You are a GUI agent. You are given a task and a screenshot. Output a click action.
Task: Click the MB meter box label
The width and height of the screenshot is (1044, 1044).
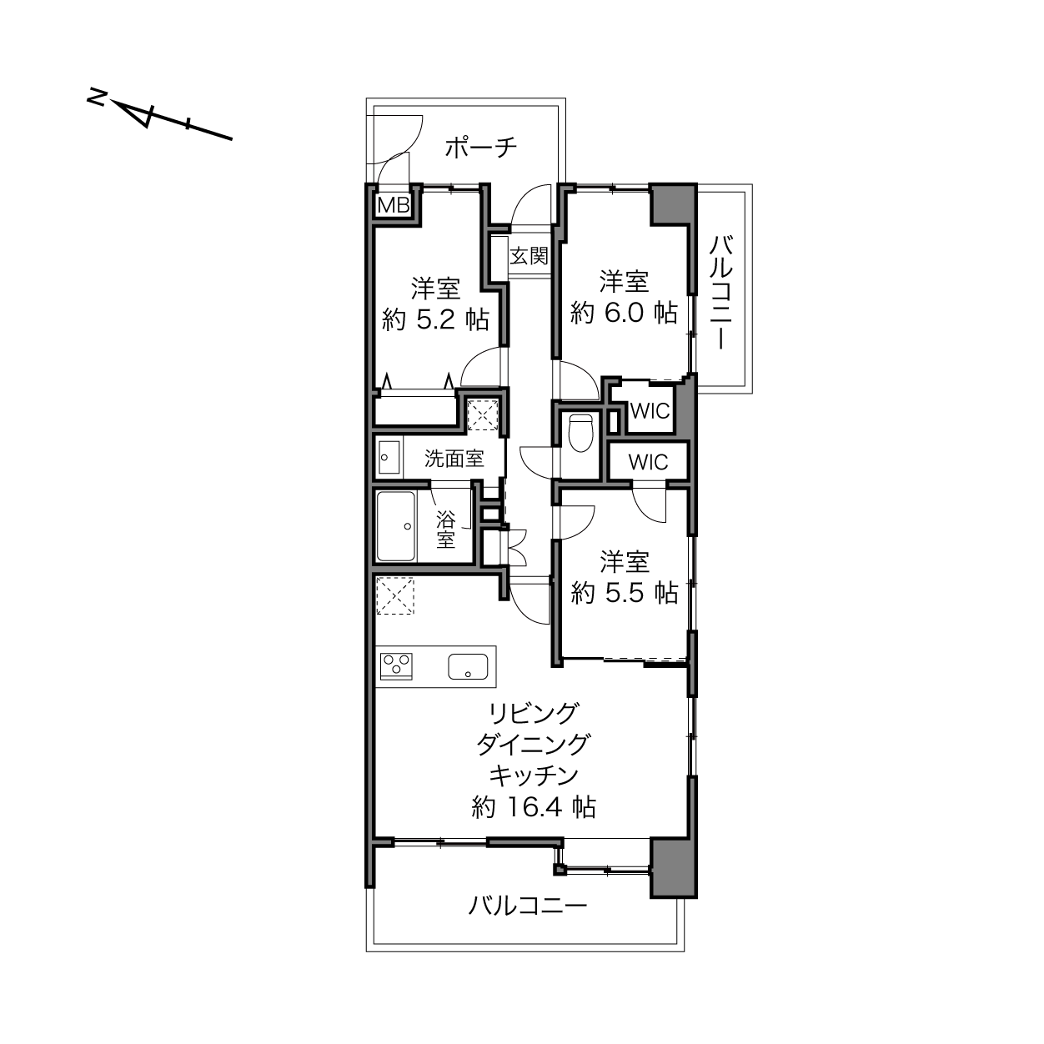(x=394, y=206)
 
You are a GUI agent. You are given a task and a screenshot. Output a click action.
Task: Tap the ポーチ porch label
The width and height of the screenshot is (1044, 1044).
(x=481, y=148)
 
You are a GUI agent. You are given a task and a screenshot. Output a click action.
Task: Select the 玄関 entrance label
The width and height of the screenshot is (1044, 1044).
(x=529, y=256)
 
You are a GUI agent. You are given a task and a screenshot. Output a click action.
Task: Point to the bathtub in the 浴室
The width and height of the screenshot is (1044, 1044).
(x=396, y=526)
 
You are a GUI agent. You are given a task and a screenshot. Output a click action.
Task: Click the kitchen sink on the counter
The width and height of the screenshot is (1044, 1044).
(x=468, y=666)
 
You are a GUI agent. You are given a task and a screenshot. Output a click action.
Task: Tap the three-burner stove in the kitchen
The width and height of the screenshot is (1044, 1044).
(x=396, y=665)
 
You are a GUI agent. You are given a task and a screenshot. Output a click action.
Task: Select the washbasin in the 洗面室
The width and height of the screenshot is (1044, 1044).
(x=389, y=457)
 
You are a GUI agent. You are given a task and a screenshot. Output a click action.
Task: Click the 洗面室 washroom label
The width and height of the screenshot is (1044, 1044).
(x=454, y=459)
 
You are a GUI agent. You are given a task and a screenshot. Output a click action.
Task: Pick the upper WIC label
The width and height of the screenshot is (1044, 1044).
(x=650, y=411)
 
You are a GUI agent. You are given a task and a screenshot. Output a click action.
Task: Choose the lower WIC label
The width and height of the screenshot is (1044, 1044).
(x=648, y=462)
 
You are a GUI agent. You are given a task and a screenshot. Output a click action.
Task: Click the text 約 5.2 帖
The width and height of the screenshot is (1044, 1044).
(x=435, y=319)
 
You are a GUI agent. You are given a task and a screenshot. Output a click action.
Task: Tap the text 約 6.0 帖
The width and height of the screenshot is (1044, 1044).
(x=624, y=313)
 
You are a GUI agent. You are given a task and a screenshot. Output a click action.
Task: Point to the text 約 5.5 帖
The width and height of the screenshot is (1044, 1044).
(x=624, y=593)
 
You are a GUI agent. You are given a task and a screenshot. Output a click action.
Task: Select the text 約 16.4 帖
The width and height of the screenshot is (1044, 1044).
(x=534, y=807)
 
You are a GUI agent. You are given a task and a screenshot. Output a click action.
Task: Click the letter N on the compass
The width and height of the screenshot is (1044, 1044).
(x=97, y=98)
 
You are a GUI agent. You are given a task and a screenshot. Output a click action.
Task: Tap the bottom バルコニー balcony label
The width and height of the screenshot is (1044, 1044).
(x=528, y=906)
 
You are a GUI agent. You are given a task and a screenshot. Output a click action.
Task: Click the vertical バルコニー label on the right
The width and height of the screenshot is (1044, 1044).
(x=721, y=293)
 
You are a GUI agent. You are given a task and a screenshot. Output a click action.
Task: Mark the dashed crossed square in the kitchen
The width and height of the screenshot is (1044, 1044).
(x=395, y=596)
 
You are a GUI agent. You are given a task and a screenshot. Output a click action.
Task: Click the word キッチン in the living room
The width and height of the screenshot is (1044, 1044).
(x=534, y=775)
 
